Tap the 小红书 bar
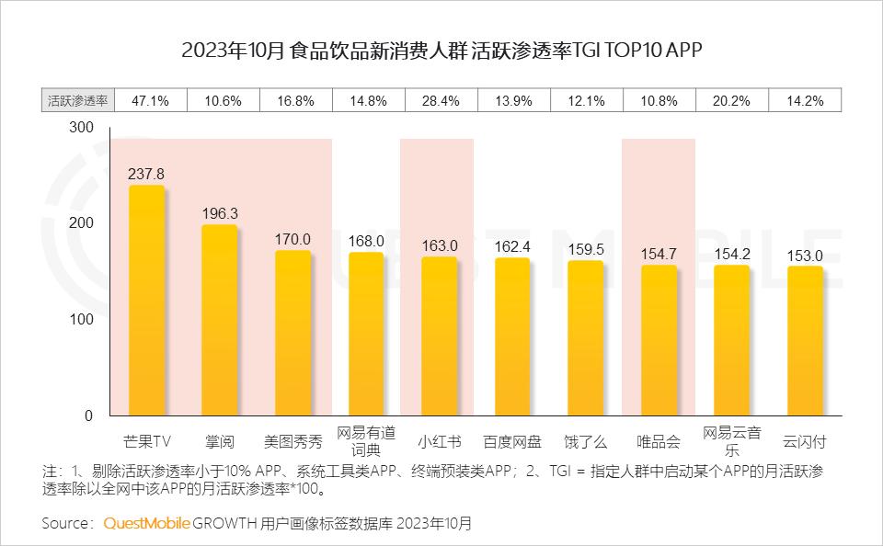point(439,336)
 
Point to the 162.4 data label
point(512,246)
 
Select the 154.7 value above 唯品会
point(659,253)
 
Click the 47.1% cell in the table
point(151,101)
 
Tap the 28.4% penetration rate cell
point(440,101)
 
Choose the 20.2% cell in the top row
point(732,101)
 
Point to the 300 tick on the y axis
point(82,128)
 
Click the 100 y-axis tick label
point(82,319)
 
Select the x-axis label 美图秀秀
point(292,441)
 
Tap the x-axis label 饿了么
point(585,441)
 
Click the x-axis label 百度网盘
point(512,441)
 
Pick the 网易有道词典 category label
point(366,441)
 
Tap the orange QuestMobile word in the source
point(146,523)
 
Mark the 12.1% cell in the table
point(586,101)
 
